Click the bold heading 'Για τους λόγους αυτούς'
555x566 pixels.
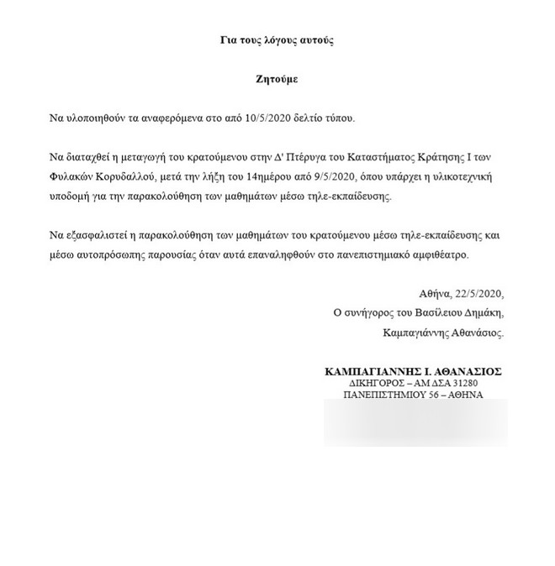(x=277, y=40)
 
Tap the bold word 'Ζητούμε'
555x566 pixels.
(x=277, y=81)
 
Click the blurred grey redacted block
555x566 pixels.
(x=415, y=422)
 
